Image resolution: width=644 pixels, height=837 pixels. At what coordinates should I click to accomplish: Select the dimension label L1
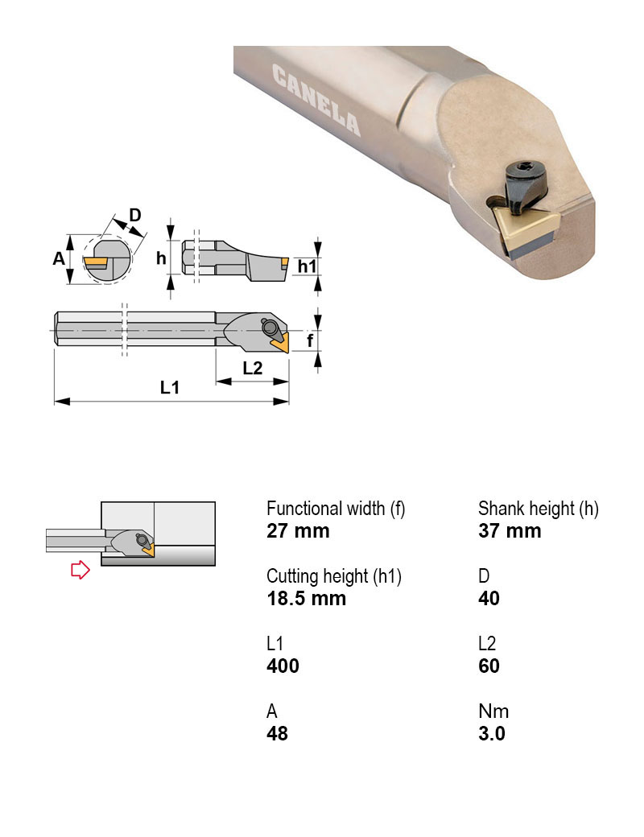tap(169, 388)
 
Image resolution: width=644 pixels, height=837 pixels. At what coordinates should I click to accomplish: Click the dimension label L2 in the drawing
tap(252, 367)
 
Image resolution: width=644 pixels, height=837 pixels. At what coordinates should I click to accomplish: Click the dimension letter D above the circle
tap(135, 215)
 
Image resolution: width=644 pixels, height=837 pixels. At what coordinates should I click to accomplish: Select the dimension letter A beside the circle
tap(58, 259)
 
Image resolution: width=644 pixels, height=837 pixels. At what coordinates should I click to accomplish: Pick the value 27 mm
tap(298, 531)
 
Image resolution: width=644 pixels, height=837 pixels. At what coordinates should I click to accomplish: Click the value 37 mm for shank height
tap(510, 531)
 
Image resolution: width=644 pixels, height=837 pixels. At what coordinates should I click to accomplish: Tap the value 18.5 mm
tap(306, 599)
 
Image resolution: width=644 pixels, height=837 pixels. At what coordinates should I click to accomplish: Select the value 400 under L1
tap(283, 666)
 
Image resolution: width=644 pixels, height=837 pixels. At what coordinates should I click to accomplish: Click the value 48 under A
tap(277, 734)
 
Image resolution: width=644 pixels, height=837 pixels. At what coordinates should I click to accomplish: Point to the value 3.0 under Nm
tap(492, 734)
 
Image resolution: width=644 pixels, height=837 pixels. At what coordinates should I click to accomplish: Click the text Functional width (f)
tap(336, 509)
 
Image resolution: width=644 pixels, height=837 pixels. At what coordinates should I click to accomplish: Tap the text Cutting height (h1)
tap(333, 576)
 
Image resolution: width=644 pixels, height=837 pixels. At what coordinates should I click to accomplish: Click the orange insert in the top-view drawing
tap(281, 344)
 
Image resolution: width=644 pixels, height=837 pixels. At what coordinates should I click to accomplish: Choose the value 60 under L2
tap(489, 666)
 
